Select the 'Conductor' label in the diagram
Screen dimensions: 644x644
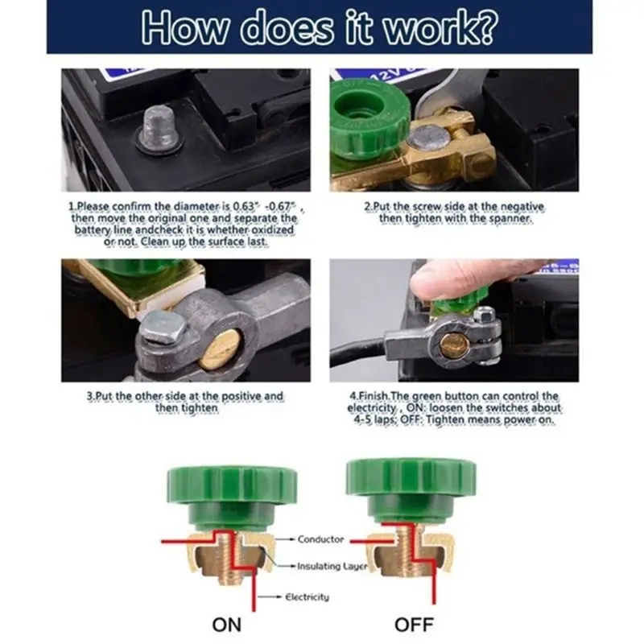point(321,539)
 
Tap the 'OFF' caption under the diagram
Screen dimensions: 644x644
point(413,625)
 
